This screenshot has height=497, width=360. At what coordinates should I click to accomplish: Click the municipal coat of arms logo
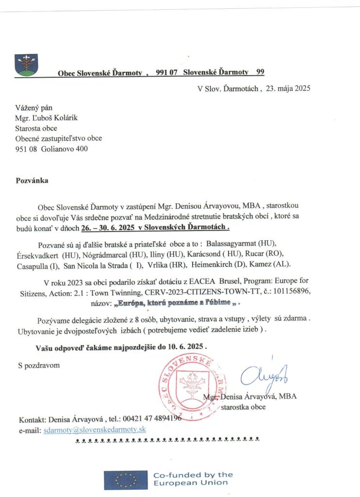27,65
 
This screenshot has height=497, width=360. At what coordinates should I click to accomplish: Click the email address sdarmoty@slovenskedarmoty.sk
95,430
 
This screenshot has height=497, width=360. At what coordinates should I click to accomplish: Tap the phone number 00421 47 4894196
151,419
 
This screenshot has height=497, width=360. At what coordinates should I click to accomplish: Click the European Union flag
125,480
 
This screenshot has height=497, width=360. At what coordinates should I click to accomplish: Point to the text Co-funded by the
193,475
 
